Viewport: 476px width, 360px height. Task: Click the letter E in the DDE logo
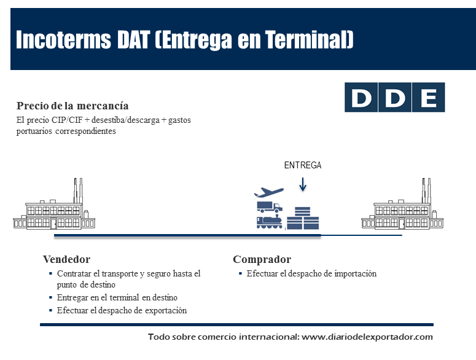pyautogui.click(x=427, y=98)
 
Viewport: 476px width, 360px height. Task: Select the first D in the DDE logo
pyautogui.click(x=361, y=98)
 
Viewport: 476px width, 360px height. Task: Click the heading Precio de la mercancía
pyautogui.click(x=72, y=106)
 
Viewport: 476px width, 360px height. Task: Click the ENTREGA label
pyautogui.click(x=302, y=165)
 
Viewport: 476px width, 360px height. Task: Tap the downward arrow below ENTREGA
pyautogui.click(x=302, y=183)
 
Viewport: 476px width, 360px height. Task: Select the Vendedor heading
pyautogui.click(x=66, y=259)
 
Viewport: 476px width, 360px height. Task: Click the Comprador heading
pyautogui.click(x=262, y=259)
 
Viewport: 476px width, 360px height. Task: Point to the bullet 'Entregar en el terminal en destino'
pyautogui.click(x=117, y=298)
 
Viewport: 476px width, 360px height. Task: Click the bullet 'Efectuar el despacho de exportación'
pyautogui.click(x=122, y=310)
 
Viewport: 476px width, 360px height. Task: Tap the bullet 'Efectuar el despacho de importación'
pyautogui.click(x=311, y=273)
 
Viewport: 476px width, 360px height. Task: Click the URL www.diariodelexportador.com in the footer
pyautogui.click(x=368, y=337)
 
